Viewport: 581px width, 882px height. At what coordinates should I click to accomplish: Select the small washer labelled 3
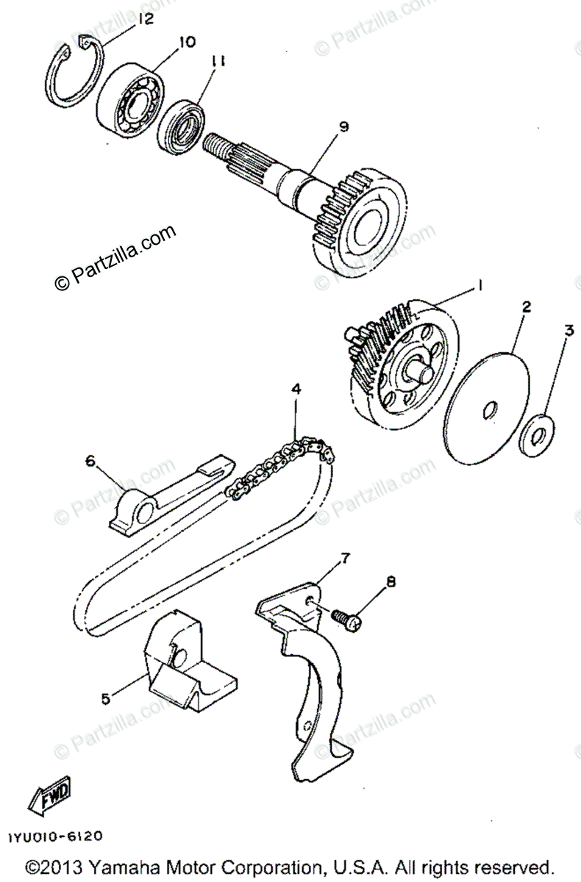536,437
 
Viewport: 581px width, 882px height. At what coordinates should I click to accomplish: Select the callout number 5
106,698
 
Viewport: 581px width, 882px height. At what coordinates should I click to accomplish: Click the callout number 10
187,43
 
